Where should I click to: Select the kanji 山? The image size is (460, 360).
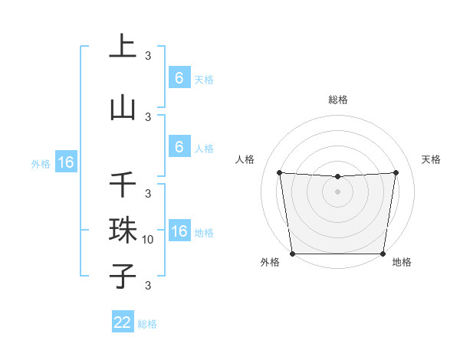coord(123,107)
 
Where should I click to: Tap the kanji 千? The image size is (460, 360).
coord(123,185)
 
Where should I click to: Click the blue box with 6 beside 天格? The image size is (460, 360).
coord(179,78)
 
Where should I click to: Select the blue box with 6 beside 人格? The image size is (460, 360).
coord(179,147)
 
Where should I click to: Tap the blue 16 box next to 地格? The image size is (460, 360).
coord(179,232)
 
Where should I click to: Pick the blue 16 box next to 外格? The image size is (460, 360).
coord(65,162)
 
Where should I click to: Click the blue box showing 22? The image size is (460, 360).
coord(123,323)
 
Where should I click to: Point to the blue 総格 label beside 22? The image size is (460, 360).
coord(147,324)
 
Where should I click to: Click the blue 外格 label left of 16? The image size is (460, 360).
coord(41,163)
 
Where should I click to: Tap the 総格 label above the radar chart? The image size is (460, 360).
coord(337,100)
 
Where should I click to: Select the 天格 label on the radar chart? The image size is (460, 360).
coord(432,159)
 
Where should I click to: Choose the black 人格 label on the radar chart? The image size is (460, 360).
coord(245,159)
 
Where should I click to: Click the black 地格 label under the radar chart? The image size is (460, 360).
coord(402,262)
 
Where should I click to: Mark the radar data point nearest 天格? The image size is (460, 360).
coord(396,172)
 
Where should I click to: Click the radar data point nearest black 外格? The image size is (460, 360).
coord(293,254)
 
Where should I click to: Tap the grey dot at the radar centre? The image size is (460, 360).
coord(337,191)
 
